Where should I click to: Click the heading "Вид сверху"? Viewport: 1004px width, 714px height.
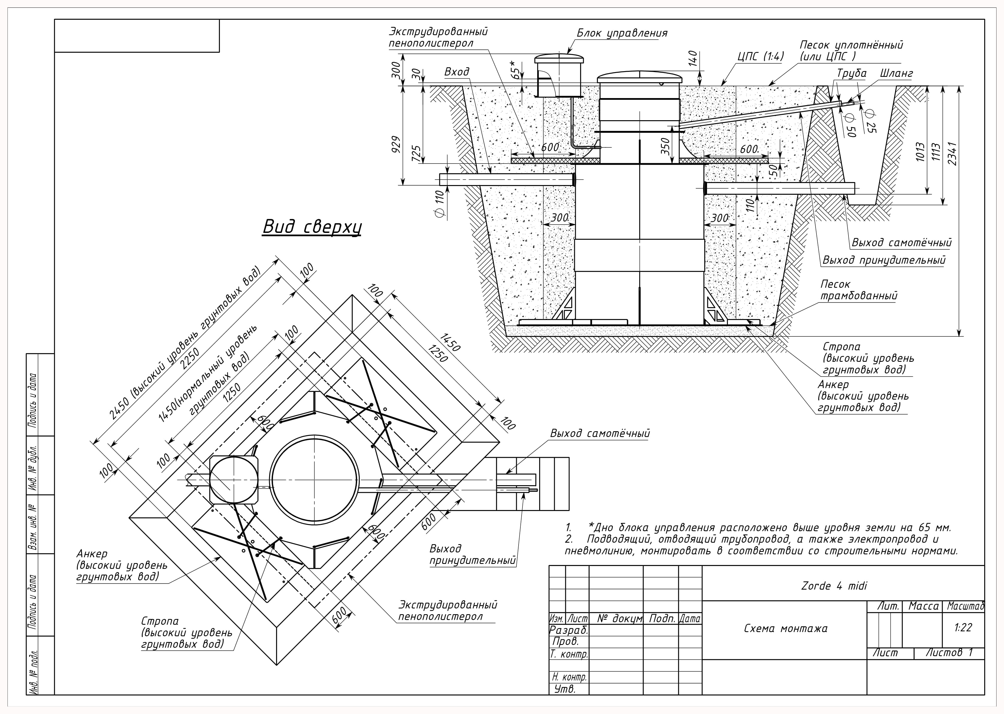312,227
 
